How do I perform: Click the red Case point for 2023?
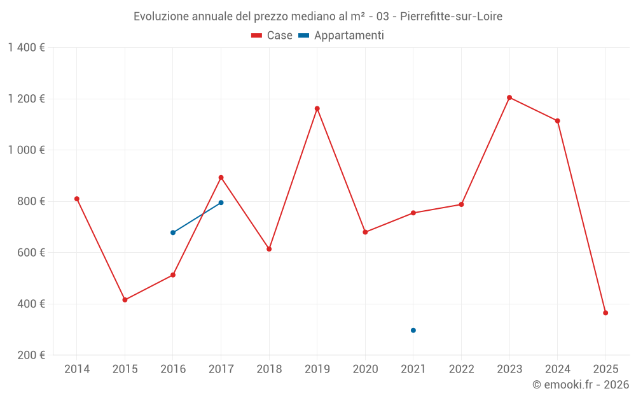click(x=509, y=97)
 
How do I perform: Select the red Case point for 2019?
click(x=317, y=108)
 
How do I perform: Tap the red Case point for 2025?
click(x=605, y=313)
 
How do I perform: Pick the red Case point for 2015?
click(x=125, y=300)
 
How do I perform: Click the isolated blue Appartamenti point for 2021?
click(x=413, y=330)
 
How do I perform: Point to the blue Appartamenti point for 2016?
click(x=173, y=232)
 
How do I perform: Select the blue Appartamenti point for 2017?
click(x=221, y=203)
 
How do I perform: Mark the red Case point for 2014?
click(x=77, y=199)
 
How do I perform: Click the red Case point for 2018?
click(x=269, y=249)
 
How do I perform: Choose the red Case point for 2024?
click(x=557, y=121)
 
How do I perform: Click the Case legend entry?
click(x=272, y=36)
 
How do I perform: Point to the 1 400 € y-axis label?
click(x=27, y=48)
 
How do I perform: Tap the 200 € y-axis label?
click(x=31, y=355)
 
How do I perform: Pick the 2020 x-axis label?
click(x=365, y=369)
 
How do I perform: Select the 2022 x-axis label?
click(x=461, y=369)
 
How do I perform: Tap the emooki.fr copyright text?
click(x=581, y=385)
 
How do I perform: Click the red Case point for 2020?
click(x=365, y=232)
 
